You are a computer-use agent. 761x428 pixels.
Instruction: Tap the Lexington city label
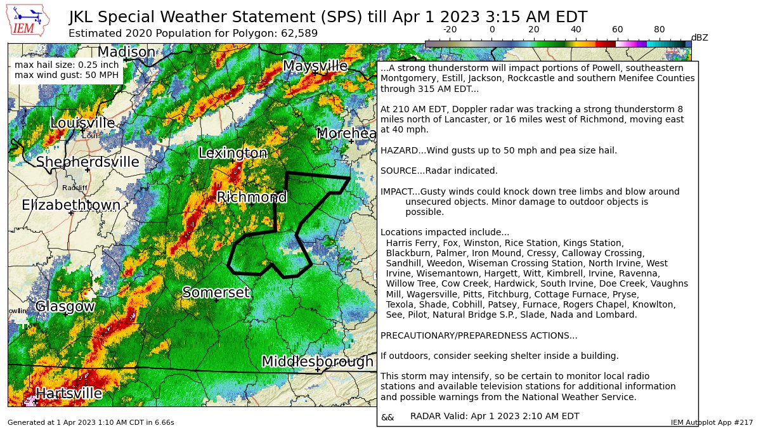coord(233,153)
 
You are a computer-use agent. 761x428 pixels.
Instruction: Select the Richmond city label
coord(252,197)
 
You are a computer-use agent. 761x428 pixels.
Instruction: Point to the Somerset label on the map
coord(216,292)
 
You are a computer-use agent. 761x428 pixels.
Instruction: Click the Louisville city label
coord(82,123)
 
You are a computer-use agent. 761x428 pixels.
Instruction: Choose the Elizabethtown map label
coord(71,205)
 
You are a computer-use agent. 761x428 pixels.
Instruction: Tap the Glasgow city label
coord(65,306)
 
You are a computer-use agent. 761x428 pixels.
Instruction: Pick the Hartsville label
coord(68,393)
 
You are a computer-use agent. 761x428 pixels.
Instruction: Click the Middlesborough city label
coord(317,361)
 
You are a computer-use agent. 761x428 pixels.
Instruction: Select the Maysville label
coord(315,66)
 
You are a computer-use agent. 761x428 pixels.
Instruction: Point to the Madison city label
coord(126,52)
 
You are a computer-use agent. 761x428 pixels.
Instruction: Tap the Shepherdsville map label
coord(88,162)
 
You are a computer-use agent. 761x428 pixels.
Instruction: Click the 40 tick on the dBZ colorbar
coord(576,30)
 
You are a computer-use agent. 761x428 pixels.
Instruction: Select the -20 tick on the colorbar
coord(450,30)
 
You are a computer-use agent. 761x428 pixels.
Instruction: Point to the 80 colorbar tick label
coord(659,30)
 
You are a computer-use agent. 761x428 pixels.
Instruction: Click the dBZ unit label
coord(699,38)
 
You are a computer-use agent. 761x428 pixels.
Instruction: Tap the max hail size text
coord(66,65)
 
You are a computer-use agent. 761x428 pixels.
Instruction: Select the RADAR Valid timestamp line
coord(495,416)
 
